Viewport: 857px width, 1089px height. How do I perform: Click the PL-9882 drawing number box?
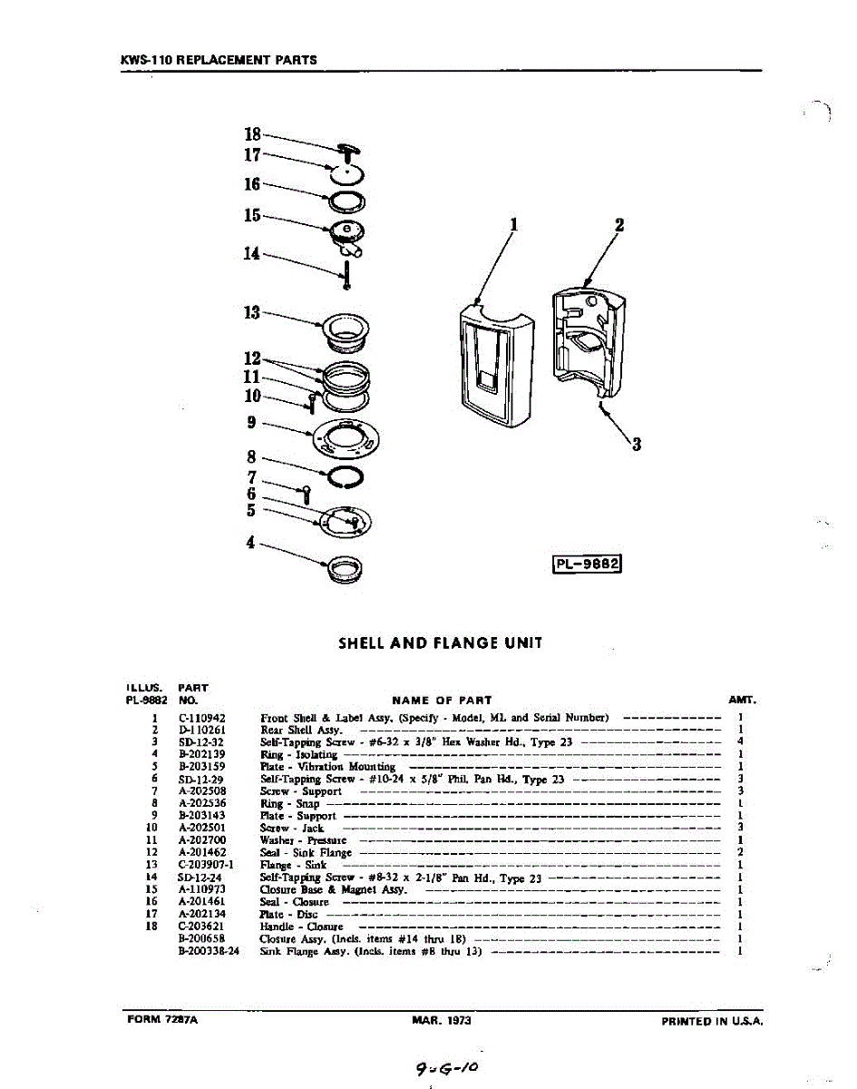point(587,564)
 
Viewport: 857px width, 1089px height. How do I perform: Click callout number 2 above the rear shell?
point(619,225)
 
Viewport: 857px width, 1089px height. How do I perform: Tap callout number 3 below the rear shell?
point(637,444)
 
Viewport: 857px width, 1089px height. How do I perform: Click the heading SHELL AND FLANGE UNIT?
point(440,643)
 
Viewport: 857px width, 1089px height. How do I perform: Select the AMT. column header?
point(742,700)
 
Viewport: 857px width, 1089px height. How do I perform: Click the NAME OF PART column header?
point(442,700)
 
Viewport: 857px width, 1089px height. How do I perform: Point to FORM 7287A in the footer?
point(162,1020)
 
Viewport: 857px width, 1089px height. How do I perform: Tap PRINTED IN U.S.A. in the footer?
point(712,1021)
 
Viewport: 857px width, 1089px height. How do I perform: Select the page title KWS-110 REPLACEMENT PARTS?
point(219,61)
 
